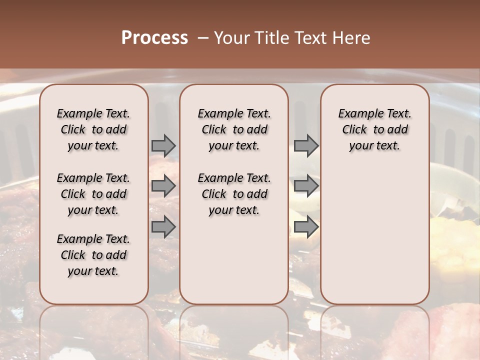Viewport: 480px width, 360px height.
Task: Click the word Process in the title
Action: click(x=154, y=38)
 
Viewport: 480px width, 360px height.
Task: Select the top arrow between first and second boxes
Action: click(x=163, y=145)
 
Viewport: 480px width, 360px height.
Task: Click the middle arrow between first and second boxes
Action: click(x=163, y=186)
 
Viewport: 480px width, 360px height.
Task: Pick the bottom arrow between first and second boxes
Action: click(x=163, y=226)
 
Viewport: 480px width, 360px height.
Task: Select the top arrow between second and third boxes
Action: click(x=306, y=145)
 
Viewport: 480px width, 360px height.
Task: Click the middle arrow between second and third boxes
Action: click(x=306, y=186)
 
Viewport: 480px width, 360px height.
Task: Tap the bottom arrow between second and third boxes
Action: click(x=306, y=226)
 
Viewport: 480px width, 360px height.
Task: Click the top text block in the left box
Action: click(x=93, y=129)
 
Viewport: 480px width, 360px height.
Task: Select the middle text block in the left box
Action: click(x=93, y=194)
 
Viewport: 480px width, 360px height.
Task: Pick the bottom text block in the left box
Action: click(x=93, y=255)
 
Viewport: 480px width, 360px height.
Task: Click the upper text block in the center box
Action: click(x=234, y=129)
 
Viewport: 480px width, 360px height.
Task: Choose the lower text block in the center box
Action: click(x=234, y=194)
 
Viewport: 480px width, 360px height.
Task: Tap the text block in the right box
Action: click(x=375, y=129)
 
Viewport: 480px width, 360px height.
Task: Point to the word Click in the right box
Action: click(x=354, y=130)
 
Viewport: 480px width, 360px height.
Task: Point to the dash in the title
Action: click(x=203, y=38)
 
